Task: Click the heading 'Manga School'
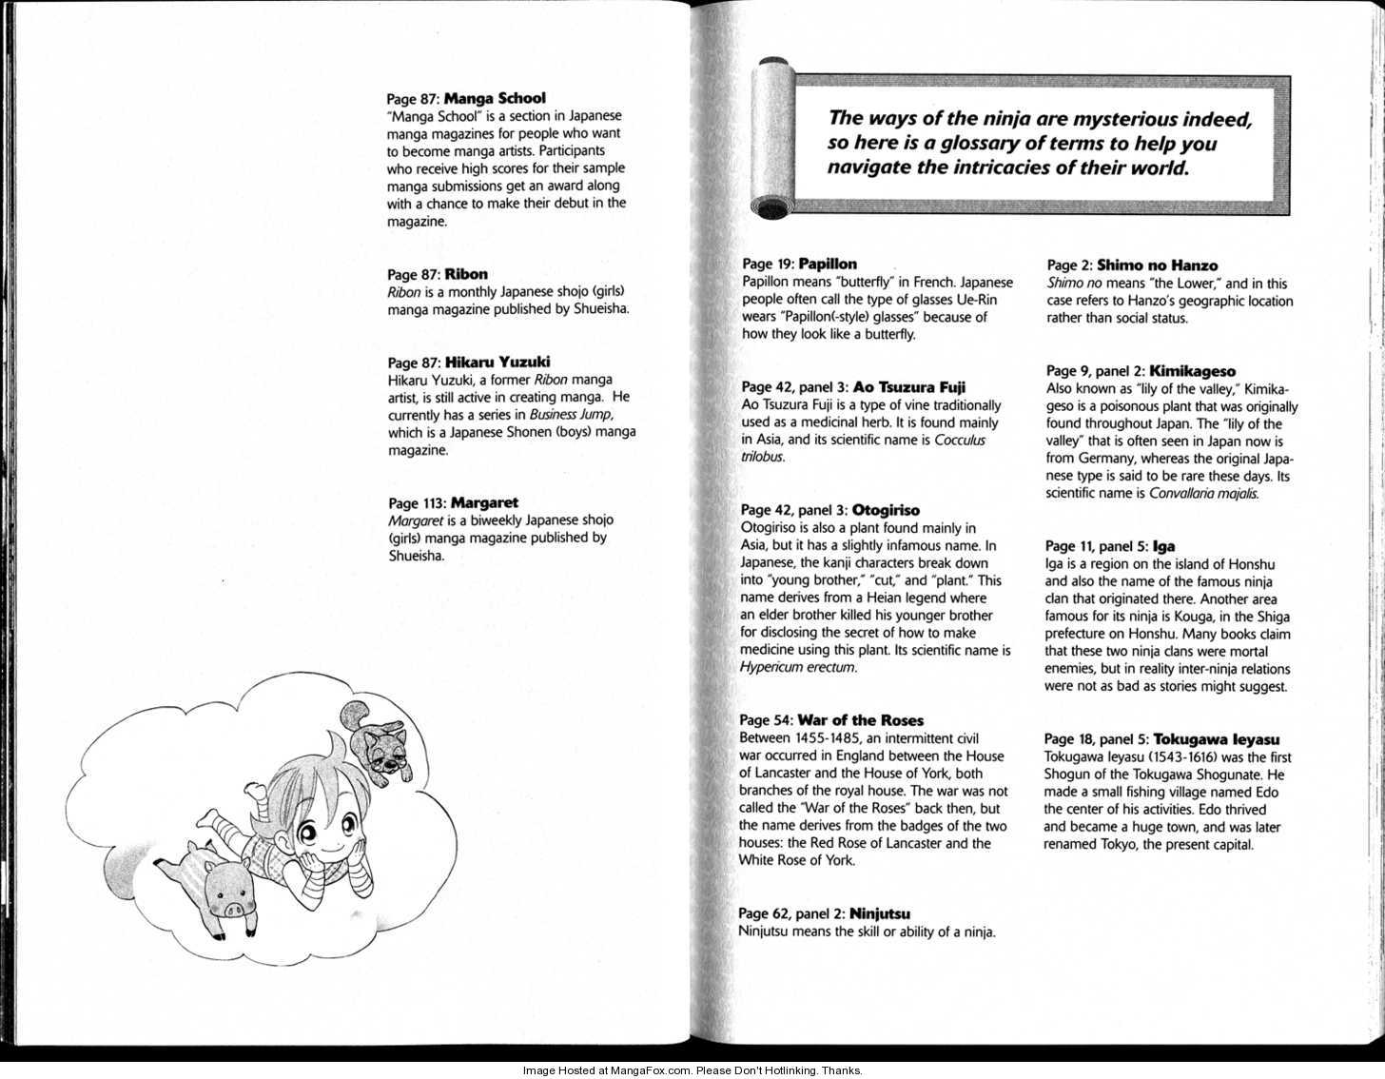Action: [x=495, y=98]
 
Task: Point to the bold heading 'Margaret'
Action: [x=484, y=502]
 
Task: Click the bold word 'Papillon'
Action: [x=828, y=264]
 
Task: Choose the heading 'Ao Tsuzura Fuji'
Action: [x=909, y=386]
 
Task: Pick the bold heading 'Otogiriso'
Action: [x=886, y=510]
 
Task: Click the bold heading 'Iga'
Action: [x=1163, y=546]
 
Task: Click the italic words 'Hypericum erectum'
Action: [x=797, y=668]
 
